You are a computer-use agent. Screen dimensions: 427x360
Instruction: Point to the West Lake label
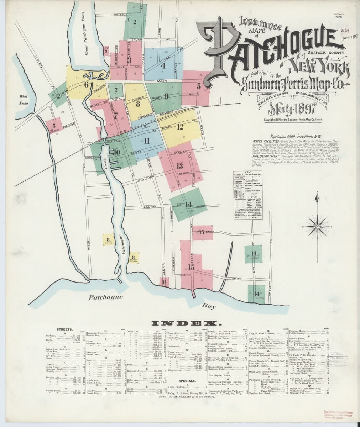click(24, 100)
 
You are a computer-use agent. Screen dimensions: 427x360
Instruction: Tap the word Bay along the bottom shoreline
click(207, 306)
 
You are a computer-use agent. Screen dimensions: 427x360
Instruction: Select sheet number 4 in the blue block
click(163, 65)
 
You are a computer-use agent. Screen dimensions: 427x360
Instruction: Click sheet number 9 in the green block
click(166, 96)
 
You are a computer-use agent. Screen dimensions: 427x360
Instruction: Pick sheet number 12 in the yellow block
click(180, 126)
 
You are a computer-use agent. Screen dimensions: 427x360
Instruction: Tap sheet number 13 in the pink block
click(179, 166)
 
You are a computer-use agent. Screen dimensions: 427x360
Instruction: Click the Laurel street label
click(151, 206)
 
